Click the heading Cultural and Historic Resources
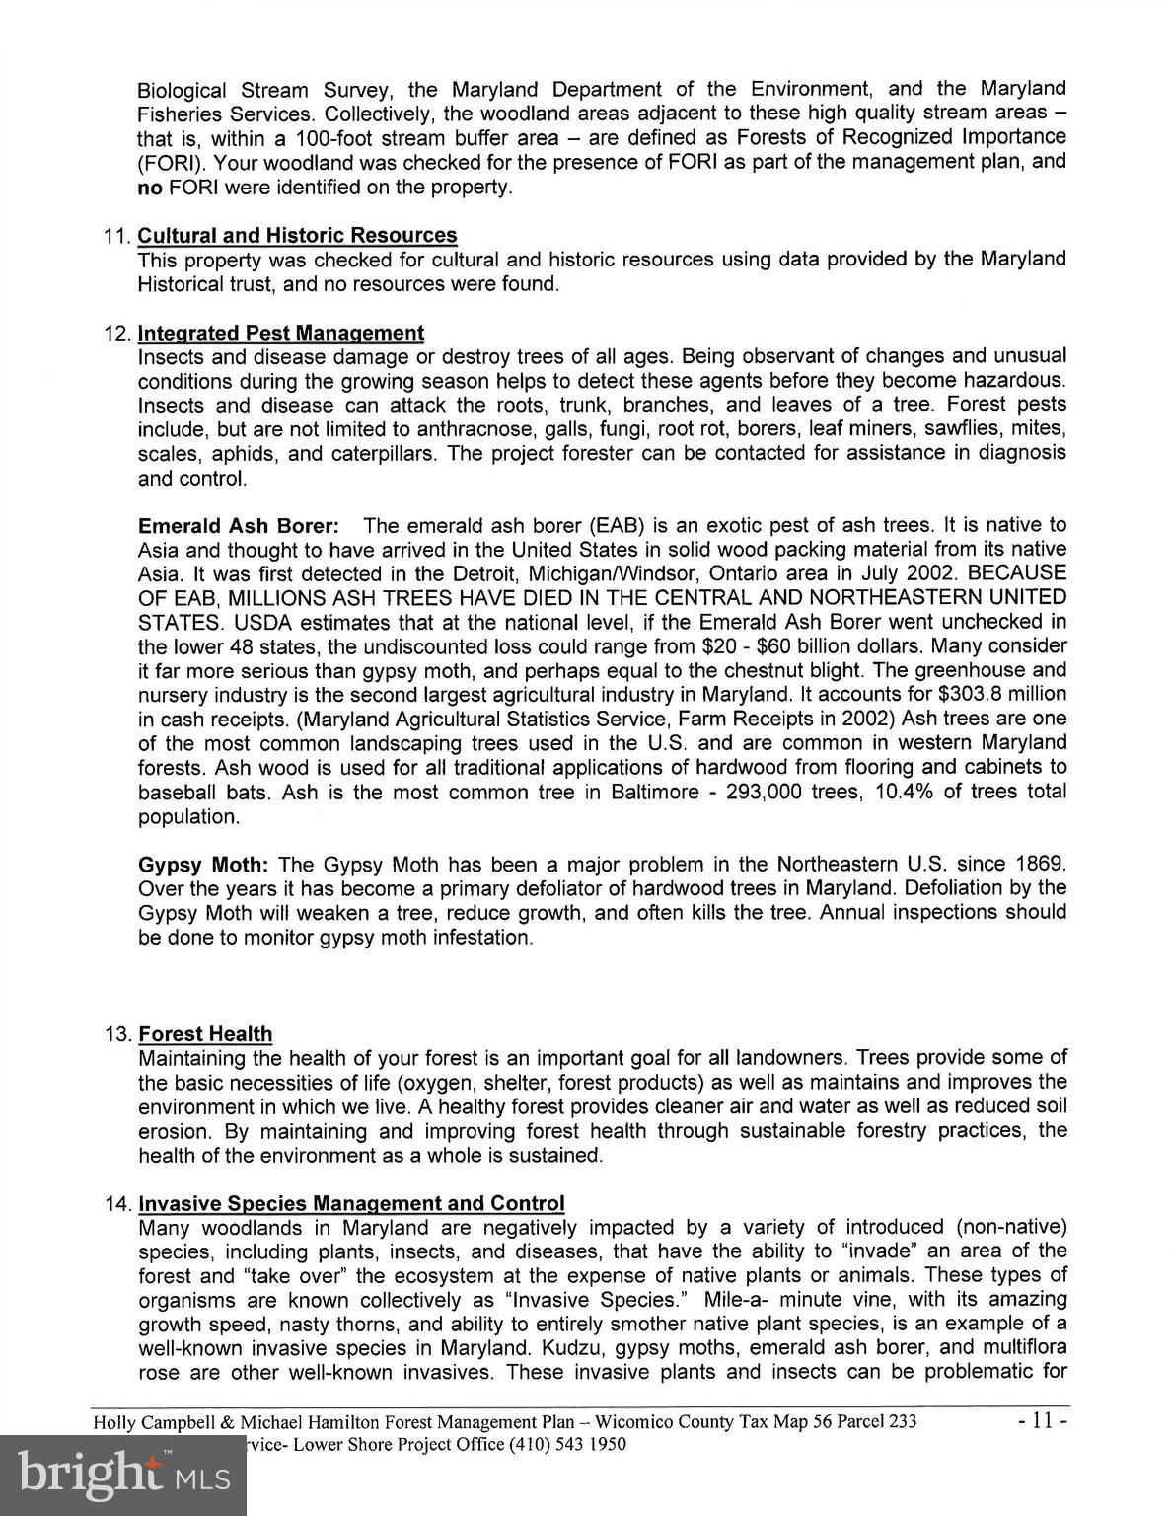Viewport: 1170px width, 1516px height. pyautogui.click(x=297, y=236)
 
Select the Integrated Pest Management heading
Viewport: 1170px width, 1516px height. pyautogui.click(x=281, y=334)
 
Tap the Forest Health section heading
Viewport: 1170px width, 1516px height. pyautogui.click(x=205, y=1034)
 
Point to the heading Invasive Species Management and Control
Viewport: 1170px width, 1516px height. pyautogui.click(x=351, y=1204)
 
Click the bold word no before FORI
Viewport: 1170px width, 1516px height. pyautogui.click(x=149, y=188)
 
